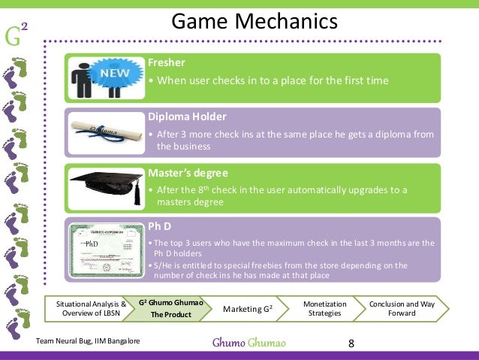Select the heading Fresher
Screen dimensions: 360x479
[165, 63]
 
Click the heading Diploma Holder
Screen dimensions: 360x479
[185, 117]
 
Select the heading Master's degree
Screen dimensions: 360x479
[186, 172]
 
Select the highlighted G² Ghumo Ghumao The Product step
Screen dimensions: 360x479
[166, 309]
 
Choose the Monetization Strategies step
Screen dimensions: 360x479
[324, 309]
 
